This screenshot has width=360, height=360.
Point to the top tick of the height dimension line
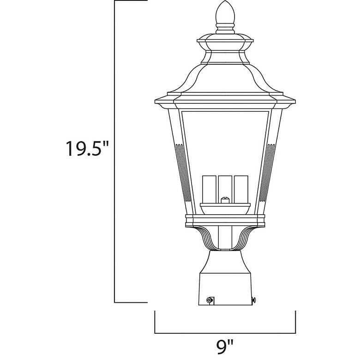131,1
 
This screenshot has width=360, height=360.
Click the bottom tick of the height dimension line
131,302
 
